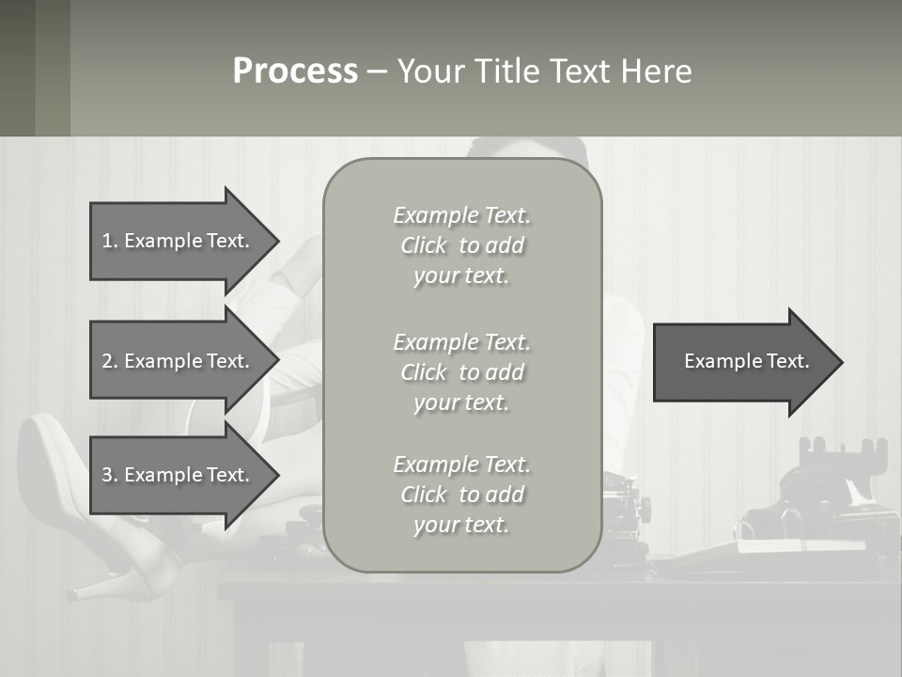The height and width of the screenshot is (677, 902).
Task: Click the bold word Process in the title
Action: tap(295, 71)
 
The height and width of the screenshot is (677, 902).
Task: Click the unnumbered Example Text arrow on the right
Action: tap(746, 361)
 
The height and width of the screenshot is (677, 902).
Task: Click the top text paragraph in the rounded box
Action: tap(462, 245)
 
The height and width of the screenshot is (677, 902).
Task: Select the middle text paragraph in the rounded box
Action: tap(462, 372)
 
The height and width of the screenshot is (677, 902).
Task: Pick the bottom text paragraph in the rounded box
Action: tap(462, 495)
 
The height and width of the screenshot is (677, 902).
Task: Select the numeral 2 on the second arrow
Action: tap(107, 361)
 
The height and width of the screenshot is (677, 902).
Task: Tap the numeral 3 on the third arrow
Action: tap(107, 475)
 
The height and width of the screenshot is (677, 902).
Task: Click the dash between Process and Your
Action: tap(377, 71)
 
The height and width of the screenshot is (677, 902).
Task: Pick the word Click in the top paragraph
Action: tap(424, 245)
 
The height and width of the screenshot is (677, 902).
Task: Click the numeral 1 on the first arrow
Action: tap(107, 241)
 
